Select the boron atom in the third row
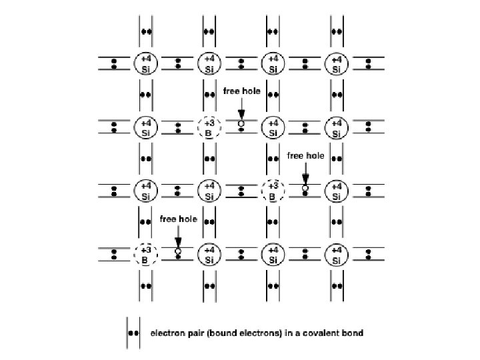pyautogui.click(x=273, y=191)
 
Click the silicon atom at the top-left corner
pyautogui.click(x=145, y=64)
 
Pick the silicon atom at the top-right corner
pyautogui.click(x=337, y=64)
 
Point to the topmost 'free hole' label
pyautogui.click(x=241, y=91)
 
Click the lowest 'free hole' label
pyautogui.click(x=178, y=219)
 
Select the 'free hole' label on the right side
pyautogui.click(x=305, y=155)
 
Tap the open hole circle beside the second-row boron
pyautogui.click(x=241, y=124)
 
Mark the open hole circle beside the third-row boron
pyautogui.click(x=305, y=188)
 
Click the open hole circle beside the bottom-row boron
pyautogui.click(x=178, y=251)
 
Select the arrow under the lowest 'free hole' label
pyautogui.click(x=178, y=235)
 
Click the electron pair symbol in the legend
pyautogui.click(x=134, y=333)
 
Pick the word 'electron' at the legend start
pyautogui.click(x=167, y=333)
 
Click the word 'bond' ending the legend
pyautogui.click(x=353, y=333)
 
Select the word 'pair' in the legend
pyautogui.click(x=196, y=333)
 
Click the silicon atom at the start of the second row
pyautogui.click(x=145, y=127)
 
